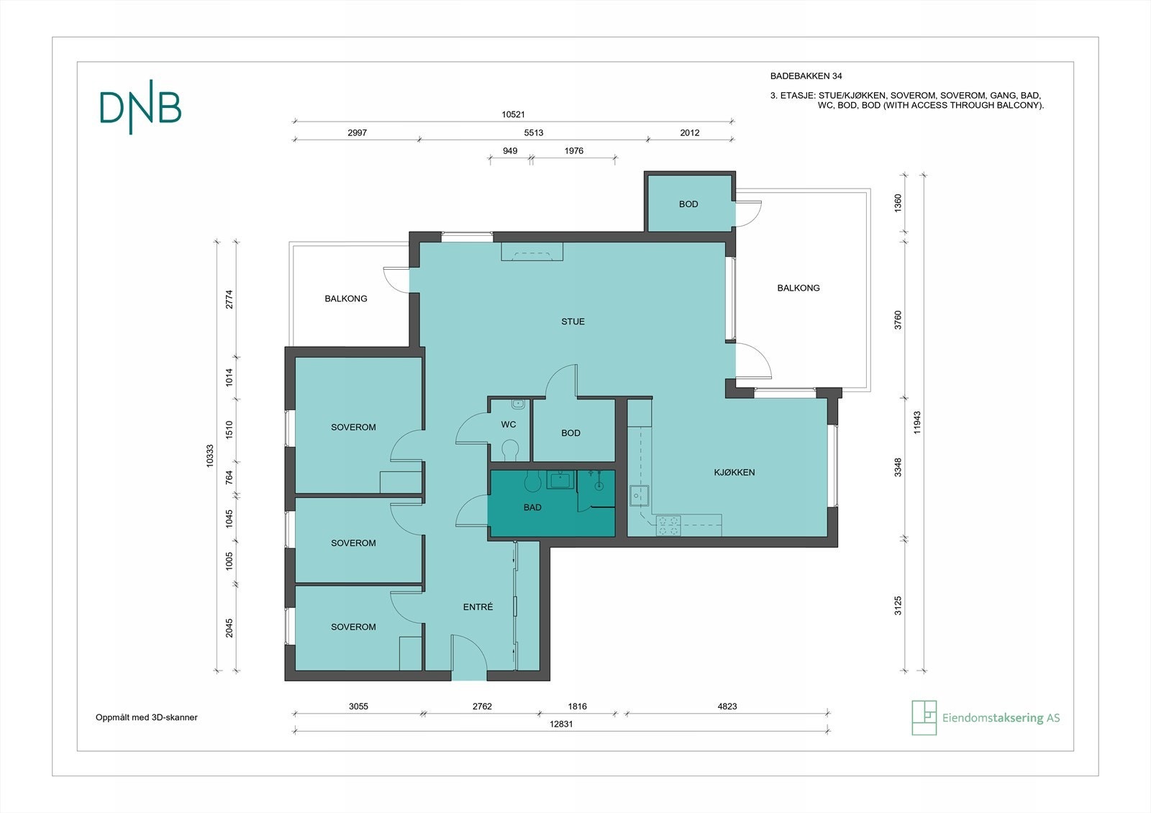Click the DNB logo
pyautogui.click(x=140, y=107)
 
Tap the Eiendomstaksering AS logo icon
pyautogui.click(x=924, y=717)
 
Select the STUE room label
pyautogui.click(x=573, y=322)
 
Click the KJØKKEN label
pyautogui.click(x=734, y=472)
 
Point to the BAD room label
pyautogui.click(x=532, y=507)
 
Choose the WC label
pyautogui.click(x=508, y=424)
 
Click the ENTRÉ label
pyautogui.click(x=478, y=607)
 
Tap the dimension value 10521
pyautogui.click(x=514, y=114)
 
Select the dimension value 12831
pyautogui.click(x=561, y=724)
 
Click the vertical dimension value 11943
pyautogui.click(x=917, y=422)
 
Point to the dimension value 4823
pyautogui.click(x=727, y=706)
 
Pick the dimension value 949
pyautogui.click(x=510, y=150)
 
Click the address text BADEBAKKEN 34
pyautogui.click(x=806, y=76)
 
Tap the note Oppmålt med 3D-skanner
pyautogui.click(x=147, y=717)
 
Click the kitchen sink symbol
pyautogui.click(x=639, y=496)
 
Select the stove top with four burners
pyautogui.click(x=668, y=526)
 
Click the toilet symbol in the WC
pyautogui.click(x=510, y=450)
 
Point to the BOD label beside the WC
pyautogui.click(x=570, y=433)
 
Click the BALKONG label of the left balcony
pyautogui.click(x=346, y=299)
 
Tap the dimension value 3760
pyautogui.click(x=898, y=319)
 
